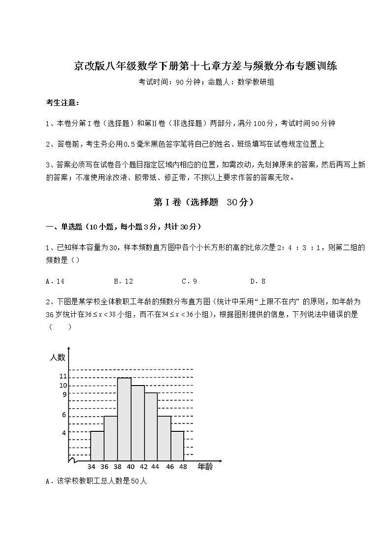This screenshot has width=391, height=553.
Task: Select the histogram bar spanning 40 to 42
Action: (137, 423)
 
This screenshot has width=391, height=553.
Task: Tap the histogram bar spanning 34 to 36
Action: (98, 447)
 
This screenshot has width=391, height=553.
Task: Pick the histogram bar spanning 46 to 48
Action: (177, 447)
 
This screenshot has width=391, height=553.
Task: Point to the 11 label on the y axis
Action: (63, 377)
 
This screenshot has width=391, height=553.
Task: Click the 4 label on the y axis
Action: (64, 432)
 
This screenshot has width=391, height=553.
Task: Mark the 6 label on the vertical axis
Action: (64, 415)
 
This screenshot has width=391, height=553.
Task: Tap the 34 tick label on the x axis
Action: (91, 467)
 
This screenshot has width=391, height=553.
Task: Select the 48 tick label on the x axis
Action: (184, 467)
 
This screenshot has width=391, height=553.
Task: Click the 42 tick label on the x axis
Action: (144, 467)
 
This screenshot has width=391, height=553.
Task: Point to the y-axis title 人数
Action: (58, 358)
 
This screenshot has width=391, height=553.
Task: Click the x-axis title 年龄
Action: (205, 466)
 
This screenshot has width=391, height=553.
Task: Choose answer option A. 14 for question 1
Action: (55, 281)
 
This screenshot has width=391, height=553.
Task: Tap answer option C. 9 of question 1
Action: (190, 281)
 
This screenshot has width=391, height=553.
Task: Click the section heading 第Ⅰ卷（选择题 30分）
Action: (196, 202)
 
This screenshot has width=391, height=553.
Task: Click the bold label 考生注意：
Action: (62, 103)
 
